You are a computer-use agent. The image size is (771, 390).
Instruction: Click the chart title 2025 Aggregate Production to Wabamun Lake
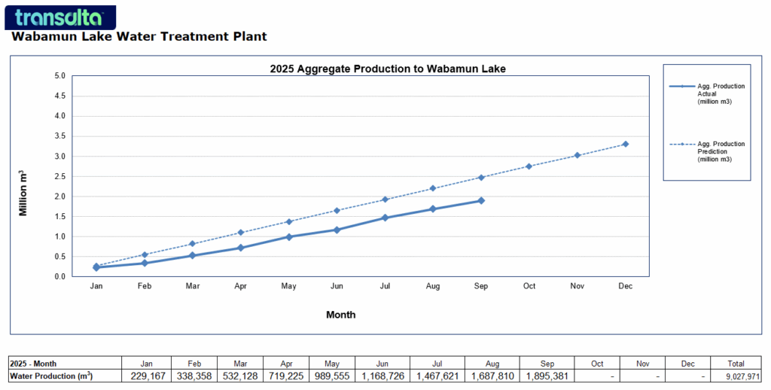(388, 69)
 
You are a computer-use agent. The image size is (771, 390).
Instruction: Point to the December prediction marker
(626, 144)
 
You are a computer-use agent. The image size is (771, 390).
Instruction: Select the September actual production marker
(481, 200)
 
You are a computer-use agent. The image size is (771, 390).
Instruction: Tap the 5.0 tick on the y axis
(59, 76)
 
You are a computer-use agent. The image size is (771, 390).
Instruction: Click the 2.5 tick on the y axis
(59, 176)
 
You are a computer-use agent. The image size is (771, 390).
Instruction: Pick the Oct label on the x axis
(529, 287)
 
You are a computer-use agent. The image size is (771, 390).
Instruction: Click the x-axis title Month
(341, 315)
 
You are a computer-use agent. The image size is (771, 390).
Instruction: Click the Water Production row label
(50, 376)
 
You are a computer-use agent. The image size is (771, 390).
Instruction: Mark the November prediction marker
(577, 155)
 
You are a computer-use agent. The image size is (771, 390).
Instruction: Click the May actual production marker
(288, 236)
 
